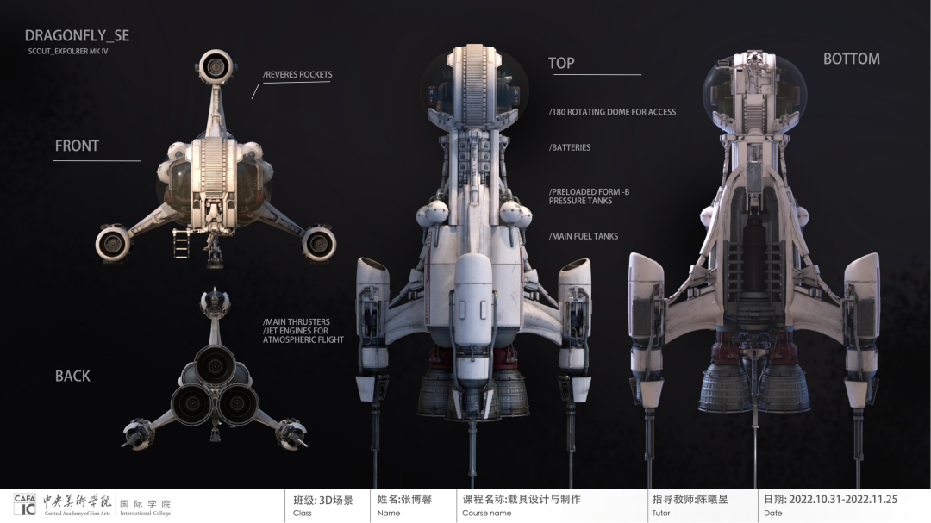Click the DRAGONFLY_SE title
click(77, 36)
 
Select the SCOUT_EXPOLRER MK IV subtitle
click(68, 52)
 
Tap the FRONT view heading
click(77, 146)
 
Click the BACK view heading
click(72, 376)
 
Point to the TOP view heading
click(561, 63)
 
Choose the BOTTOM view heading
click(851, 59)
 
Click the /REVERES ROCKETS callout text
click(297, 75)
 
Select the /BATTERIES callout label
click(569, 147)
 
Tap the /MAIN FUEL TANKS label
click(583, 236)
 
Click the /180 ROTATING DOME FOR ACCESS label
click(612, 112)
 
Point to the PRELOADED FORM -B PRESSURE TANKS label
click(589, 196)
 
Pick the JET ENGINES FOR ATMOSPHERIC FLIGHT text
click(303, 335)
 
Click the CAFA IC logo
click(25, 505)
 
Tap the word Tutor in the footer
click(661, 514)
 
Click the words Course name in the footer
click(486, 514)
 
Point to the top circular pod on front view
click(215, 65)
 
